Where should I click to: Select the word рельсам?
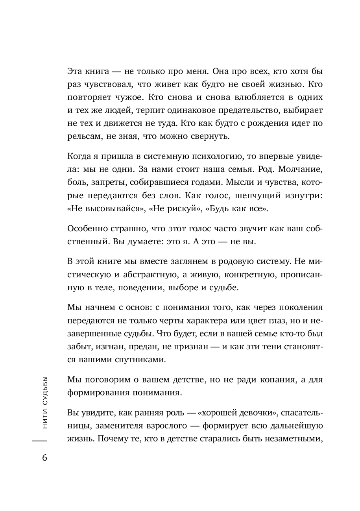(x=81, y=137)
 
